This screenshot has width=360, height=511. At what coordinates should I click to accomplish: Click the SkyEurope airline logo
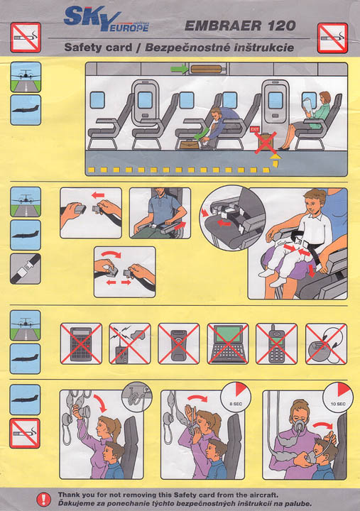point(107,20)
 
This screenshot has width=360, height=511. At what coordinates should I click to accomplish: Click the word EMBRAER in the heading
point(223,26)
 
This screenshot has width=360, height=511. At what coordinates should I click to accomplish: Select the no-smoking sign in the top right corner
point(332,38)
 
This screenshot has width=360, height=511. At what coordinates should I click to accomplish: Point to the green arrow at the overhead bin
point(179,69)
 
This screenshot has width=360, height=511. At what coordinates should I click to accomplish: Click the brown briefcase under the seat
point(190,144)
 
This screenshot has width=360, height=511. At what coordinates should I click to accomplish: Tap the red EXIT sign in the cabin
point(254,129)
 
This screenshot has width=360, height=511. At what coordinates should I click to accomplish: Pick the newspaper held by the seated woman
point(308,109)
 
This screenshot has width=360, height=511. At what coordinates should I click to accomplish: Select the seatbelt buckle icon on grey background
point(26,269)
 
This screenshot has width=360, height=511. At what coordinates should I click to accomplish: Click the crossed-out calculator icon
point(81,344)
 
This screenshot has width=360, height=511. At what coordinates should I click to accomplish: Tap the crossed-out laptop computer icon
point(228,344)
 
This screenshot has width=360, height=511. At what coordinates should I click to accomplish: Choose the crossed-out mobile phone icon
point(276,344)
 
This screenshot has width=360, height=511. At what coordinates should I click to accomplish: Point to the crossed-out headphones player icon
point(326,344)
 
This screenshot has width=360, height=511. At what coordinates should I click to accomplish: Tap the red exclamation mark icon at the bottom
point(43,499)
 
